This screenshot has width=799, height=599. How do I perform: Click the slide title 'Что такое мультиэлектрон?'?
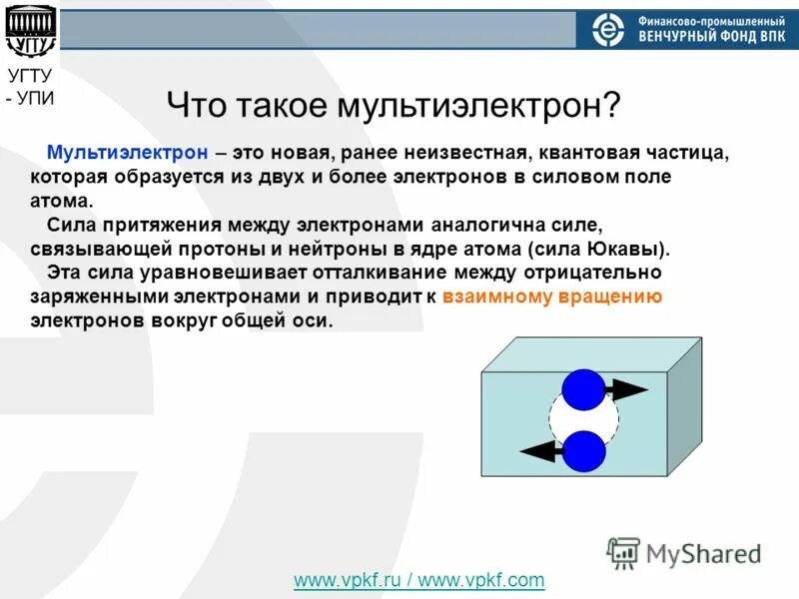[x=394, y=104]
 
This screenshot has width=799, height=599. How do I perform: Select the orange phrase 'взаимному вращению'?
[x=551, y=297]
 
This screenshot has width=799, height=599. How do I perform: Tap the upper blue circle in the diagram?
[x=583, y=389]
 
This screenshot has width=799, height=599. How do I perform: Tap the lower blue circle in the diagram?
[x=583, y=450]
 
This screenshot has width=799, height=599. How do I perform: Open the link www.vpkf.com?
[x=482, y=580]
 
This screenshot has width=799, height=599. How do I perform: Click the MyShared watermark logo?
[x=684, y=553]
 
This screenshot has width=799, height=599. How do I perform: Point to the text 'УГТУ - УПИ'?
[x=31, y=86]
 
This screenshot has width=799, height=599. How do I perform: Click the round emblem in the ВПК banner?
[x=607, y=31]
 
